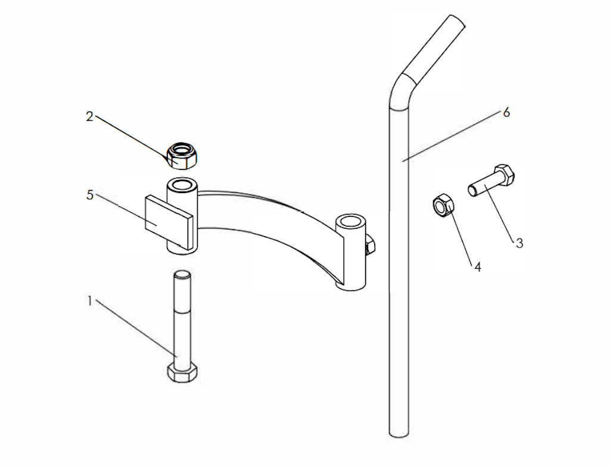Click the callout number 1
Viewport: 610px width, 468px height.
(90, 301)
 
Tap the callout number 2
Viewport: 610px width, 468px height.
(90, 116)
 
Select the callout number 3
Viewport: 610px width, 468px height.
(519, 243)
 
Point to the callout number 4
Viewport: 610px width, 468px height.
(478, 267)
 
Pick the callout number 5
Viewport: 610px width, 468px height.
(90, 195)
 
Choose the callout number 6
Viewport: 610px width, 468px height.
(506, 113)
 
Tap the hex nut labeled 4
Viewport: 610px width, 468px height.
(443, 205)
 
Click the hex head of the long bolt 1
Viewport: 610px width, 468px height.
(182, 373)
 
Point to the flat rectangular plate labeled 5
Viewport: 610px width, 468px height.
(169, 222)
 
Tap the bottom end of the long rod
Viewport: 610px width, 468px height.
(399, 432)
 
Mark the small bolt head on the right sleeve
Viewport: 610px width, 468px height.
(370, 246)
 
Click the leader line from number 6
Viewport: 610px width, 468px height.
(452, 136)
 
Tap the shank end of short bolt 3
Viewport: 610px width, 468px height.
(472, 191)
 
